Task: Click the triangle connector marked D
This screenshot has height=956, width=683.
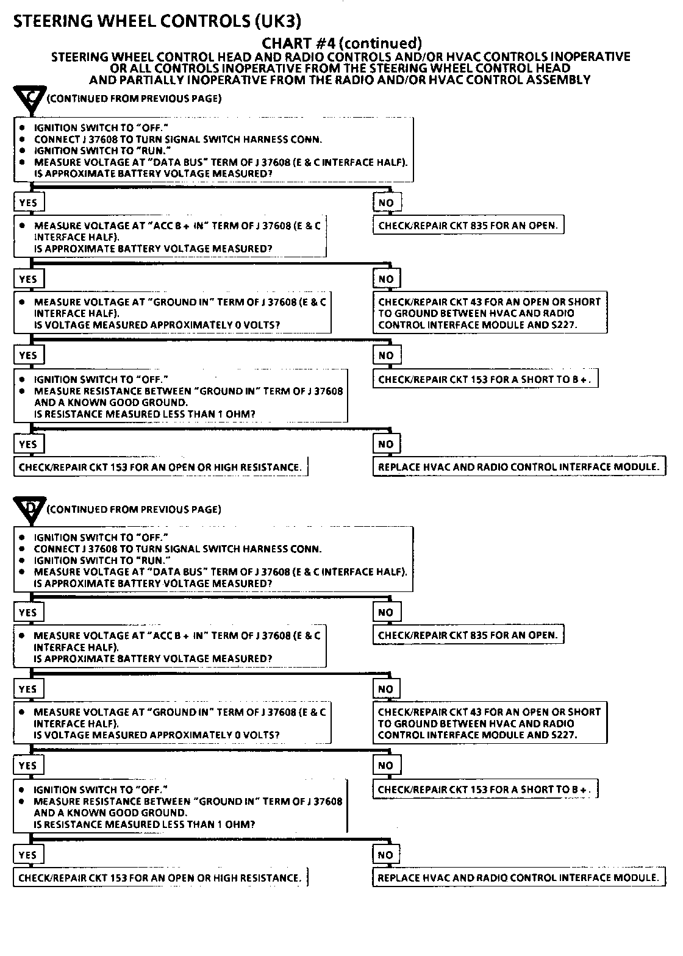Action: (x=29, y=510)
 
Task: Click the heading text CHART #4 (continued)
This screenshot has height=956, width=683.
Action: (x=342, y=43)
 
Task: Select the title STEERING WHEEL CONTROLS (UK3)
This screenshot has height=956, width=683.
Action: (x=157, y=21)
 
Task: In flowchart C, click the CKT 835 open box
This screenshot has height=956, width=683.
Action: (x=468, y=226)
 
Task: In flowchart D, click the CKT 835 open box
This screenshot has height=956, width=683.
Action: (x=468, y=635)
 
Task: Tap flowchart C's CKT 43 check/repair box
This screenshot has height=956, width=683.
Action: (x=490, y=313)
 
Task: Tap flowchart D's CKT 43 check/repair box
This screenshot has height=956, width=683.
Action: (x=490, y=724)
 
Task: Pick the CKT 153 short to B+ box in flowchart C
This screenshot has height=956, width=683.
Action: (x=485, y=379)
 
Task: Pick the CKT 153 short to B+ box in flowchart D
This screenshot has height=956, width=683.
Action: (x=485, y=790)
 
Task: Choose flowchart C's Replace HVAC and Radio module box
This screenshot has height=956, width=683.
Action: (x=519, y=468)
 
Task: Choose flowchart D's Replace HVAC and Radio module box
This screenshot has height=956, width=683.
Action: (x=518, y=878)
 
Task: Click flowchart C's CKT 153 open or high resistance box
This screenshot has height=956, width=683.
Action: (x=160, y=468)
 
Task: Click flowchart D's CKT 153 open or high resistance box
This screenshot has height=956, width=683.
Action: (x=160, y=878)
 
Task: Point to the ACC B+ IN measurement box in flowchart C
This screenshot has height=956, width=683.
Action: (x=170, y=237)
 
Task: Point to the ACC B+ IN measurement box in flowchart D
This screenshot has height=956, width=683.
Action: (x=170, y=647)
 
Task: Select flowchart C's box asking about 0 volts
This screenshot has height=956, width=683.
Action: (x=173, y=313)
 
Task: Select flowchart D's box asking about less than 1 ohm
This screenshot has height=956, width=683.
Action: (x=181, y=807)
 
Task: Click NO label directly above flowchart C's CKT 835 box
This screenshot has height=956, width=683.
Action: (x=386, y=203)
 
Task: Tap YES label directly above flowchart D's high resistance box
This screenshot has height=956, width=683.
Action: (x=28, y=855)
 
